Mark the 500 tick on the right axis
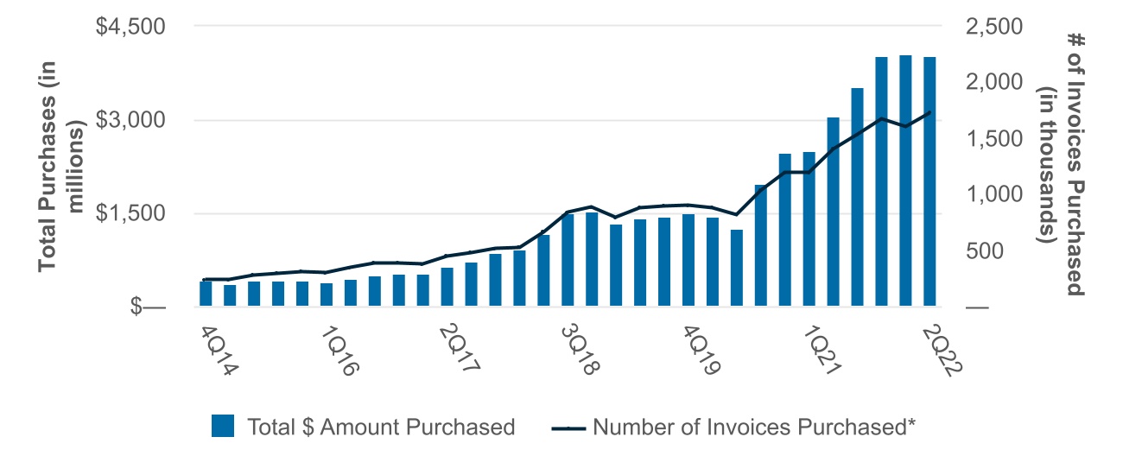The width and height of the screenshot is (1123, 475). tap(1002, 250)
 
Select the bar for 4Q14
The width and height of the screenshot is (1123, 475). tap(206, 294)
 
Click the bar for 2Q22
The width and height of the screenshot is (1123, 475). tap(929, 181)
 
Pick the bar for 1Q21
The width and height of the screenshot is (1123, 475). tap(809, 229)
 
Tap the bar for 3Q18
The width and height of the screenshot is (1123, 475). tap(568, 260)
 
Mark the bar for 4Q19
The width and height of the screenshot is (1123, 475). tap(688, 260)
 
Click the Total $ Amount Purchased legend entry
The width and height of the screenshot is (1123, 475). tap(363, 427)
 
